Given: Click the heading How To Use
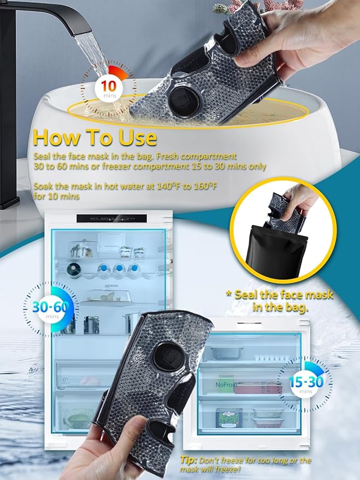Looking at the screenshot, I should pos(95,137).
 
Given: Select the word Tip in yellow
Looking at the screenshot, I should pos(188,460).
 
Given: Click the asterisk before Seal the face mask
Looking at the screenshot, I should pos(229,295).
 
